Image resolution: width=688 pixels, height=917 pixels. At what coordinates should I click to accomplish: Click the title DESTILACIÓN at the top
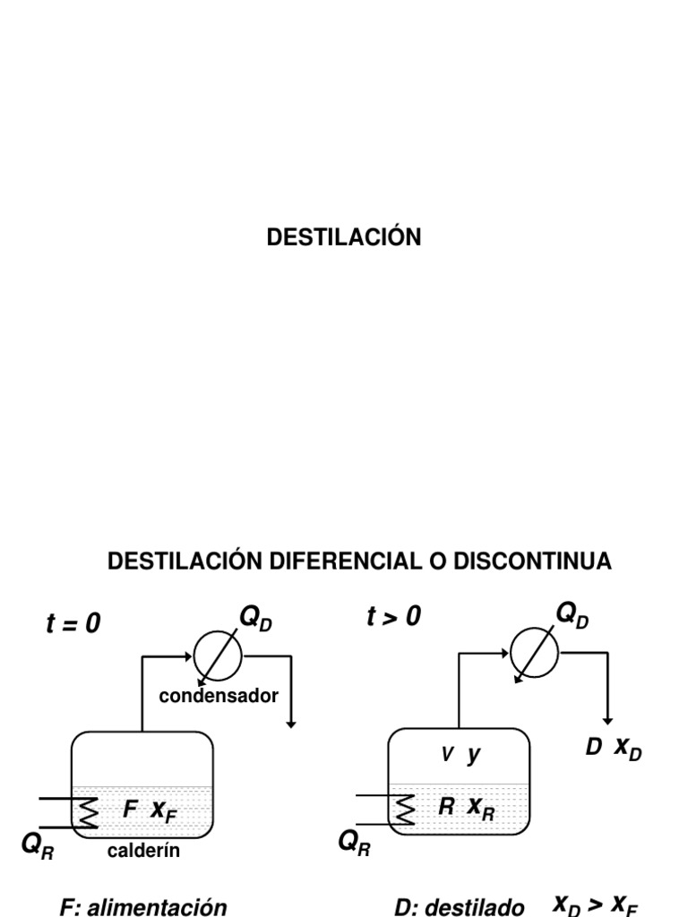tap(344, 237)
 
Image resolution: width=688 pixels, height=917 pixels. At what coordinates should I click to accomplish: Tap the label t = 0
tap(73, 624)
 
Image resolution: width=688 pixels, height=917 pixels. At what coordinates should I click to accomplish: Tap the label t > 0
tap(393, 617)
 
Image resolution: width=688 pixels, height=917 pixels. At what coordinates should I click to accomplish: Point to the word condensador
tap(219, 696)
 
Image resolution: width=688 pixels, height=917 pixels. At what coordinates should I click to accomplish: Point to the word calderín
tap(143, 851)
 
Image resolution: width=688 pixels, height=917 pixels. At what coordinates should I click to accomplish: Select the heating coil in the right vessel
tap(406, 810)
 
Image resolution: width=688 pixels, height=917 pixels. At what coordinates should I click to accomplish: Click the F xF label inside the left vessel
tap(150, 811)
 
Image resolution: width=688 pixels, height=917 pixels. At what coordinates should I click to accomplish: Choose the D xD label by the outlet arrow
tap(614, 749)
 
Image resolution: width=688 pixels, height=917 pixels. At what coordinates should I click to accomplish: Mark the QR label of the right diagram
tap(356, 842)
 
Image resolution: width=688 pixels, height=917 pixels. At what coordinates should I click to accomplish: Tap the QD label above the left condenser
tap(254, 618)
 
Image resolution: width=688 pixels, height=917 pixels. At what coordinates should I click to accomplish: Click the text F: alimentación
tap(143, 906)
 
